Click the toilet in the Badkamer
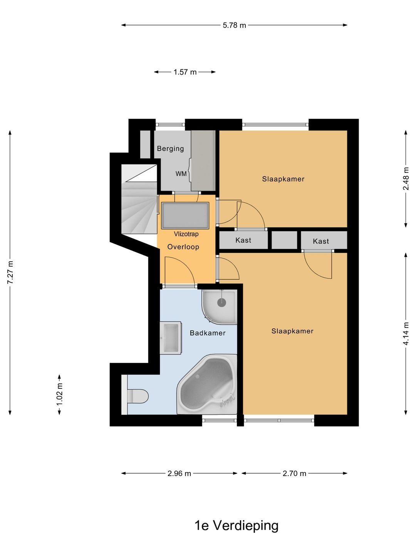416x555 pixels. [137, 396]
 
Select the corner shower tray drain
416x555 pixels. [221, 303]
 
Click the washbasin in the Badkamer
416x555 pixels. [171, 338]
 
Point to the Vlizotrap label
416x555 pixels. [186, 234]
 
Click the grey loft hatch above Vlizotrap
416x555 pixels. [185, 216]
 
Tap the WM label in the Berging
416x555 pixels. [181, 174]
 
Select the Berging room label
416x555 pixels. [171, 148]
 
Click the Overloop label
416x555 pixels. [183, 247]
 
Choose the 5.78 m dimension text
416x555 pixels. [235, 25]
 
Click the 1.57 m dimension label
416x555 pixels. [185, 72]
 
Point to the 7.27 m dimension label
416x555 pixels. [10, 272]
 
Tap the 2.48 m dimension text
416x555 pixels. [406, 179]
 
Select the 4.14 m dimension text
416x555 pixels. [406, 333]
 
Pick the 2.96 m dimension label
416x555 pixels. [179, 473]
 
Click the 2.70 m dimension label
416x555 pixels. [294, 473]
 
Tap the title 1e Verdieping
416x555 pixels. [237, 525]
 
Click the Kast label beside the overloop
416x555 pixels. [243, 240]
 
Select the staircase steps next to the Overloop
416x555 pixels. [139, 199]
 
